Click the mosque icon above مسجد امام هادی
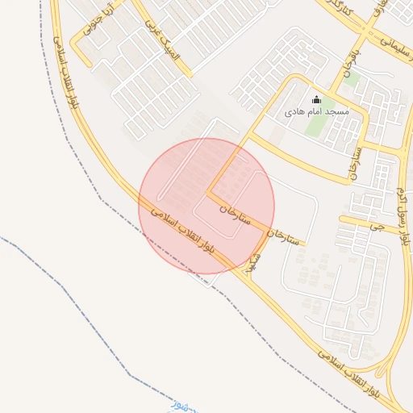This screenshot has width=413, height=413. point(315,100)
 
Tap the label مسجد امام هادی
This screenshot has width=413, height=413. point(317,112)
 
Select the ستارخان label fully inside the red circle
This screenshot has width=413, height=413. point(236,212)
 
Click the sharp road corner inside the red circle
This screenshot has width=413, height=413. point(207,193)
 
